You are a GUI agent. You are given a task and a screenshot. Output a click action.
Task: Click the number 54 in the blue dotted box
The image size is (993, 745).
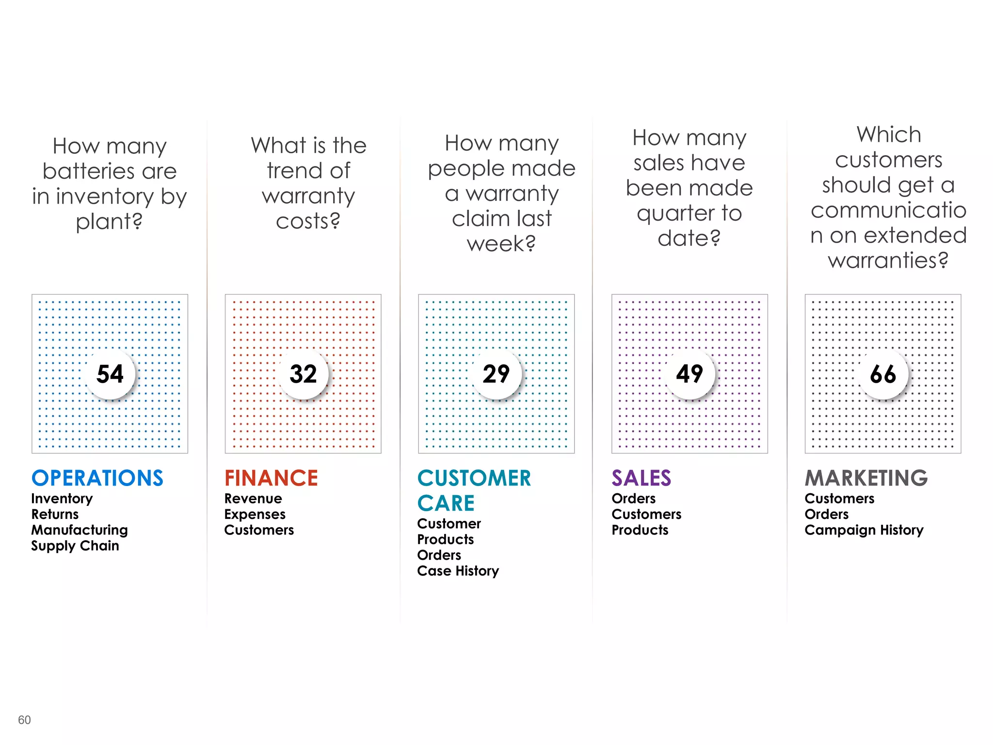coord(110,374)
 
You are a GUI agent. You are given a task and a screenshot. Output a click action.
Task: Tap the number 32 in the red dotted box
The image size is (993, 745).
coord(303,374)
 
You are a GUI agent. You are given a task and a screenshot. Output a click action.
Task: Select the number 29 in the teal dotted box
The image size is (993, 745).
coord(496,374)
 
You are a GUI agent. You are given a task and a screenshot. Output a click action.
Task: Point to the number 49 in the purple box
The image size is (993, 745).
coord(689,374)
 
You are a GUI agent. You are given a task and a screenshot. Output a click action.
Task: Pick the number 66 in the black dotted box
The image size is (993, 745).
coord(883,374)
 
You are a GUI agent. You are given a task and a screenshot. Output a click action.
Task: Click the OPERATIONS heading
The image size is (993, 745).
coord(97,478)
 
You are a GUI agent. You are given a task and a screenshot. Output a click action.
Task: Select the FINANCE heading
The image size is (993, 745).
coord(271,478)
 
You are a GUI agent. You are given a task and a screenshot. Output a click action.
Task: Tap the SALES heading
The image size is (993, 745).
coord(641,478)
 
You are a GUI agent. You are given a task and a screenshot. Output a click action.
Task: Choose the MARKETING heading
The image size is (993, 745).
coord(866,478)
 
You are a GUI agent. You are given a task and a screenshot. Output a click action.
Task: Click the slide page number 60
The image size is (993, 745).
coord(24,720)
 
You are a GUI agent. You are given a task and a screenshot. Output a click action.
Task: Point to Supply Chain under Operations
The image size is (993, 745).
coord(75,546)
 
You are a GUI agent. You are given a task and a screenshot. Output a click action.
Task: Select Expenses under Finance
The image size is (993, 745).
coord(255,514)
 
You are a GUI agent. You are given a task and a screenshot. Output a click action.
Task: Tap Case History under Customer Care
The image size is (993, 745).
coord(458,571)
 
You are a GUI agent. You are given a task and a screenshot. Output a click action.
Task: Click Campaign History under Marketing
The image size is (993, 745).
coord(864,530)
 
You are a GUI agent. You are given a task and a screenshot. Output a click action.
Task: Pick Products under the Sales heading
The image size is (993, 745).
coord(640,530)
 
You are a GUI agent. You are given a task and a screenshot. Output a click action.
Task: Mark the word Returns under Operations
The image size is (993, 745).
coord(55,514)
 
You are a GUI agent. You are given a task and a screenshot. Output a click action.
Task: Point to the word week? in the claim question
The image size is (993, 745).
coord(501,243)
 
